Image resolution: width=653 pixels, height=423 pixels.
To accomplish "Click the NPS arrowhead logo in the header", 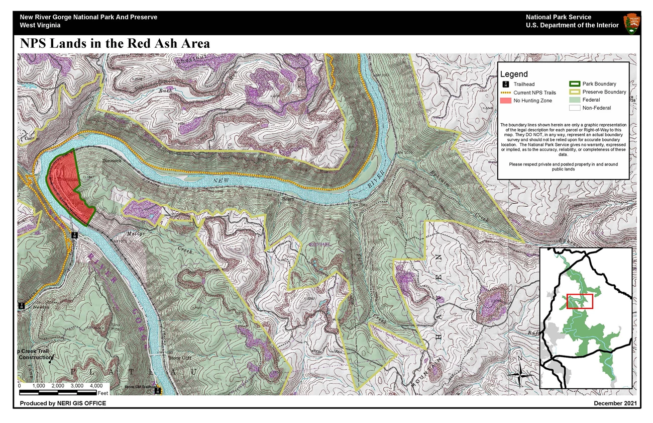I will point(631,23).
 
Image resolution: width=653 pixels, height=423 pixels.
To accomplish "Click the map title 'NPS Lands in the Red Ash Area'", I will point(115,44).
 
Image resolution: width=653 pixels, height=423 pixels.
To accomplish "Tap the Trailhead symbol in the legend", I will point(506,84).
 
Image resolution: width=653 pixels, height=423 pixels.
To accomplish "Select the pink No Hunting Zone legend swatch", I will point(506,101).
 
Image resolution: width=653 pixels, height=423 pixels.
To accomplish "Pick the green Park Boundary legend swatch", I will point(575,84).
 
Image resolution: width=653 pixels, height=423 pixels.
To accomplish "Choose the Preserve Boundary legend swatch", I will point(575,92).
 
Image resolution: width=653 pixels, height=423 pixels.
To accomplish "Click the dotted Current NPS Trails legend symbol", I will point(506,93).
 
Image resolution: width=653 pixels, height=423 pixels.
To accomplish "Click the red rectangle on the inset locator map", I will point(580,301).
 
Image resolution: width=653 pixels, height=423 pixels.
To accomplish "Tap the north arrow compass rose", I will point(520,373).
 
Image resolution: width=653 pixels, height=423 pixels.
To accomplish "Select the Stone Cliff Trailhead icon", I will point(158,390).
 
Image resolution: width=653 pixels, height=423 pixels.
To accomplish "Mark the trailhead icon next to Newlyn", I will point(22,305).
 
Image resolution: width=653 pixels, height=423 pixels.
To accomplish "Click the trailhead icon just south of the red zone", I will point(74,235).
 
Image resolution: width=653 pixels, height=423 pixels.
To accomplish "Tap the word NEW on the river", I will point(220,180).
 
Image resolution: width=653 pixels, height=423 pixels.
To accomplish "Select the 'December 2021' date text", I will point(615,403).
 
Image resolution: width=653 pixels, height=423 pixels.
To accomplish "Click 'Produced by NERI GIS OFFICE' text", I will point(63,403).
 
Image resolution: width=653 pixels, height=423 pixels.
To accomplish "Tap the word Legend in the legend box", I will point(514,74).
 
